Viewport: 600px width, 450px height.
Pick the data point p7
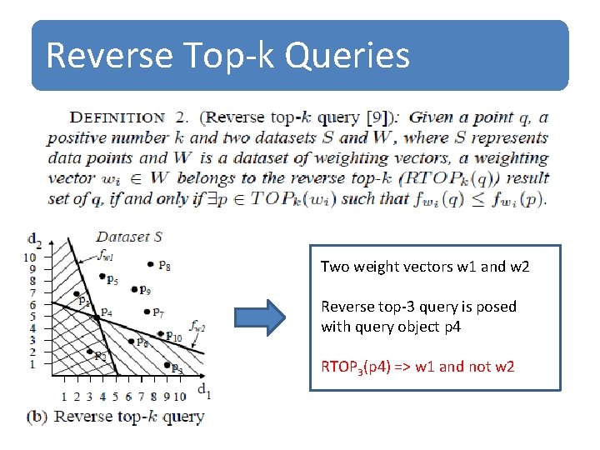coord(146,312)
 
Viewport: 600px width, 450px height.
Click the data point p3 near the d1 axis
coord(165,367)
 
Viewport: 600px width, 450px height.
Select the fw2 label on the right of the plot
coord(197,327)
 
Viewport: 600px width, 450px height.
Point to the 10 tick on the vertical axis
coord(31,257)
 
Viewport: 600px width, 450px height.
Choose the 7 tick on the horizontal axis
coord(141,397)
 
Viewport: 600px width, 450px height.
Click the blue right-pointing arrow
coord(260,317)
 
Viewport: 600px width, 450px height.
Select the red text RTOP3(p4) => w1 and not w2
coord(417,367)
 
